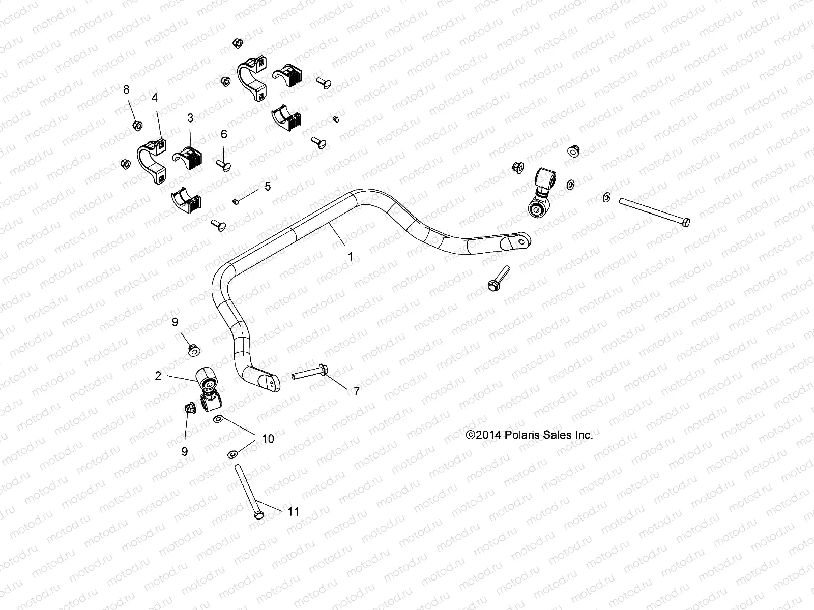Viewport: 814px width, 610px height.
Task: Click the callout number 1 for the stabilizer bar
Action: [x=350, y=257]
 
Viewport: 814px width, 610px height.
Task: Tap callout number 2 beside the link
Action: [x=158, y=376]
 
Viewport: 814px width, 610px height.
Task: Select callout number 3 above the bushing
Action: [x=190, y=118]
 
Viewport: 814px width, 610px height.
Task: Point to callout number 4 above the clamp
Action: [x=154, y=96]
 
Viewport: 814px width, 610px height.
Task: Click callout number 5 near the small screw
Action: [x=268, y=186]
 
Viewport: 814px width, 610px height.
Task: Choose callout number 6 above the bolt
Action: [x=223, y=134]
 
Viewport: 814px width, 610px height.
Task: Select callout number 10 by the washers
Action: [x=268, y=438]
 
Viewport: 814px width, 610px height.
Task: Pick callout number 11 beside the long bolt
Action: [x=294, y=511]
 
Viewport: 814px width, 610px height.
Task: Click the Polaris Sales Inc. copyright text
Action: [x=530, y=435]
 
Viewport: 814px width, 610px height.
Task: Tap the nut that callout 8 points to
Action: [x=136, y=125]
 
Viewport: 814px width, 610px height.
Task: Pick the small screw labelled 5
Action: [x=236, y=202]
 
